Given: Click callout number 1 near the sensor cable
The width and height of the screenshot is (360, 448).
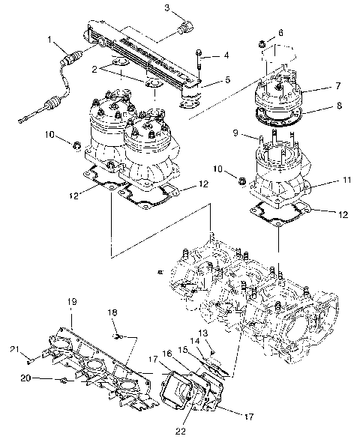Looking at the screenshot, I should click(x=49, y=39).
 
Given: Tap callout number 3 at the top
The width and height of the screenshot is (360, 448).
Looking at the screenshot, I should click(x=167, y=8).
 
